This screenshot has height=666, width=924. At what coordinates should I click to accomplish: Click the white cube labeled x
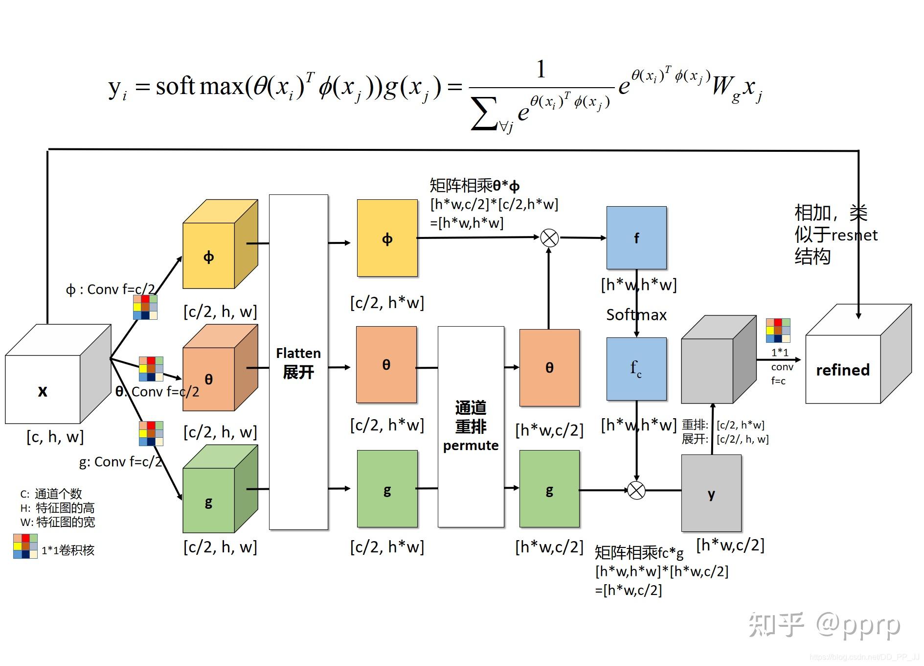pyautogui.click(x=43, y=389)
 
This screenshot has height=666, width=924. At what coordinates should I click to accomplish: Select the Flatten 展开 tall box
pyautogui.click(x=298, y=362)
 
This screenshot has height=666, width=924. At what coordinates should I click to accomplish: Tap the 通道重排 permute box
pyautogui.click(x=471, y=426)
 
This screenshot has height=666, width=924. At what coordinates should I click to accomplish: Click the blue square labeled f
pyautogui.click(x=636, y=238)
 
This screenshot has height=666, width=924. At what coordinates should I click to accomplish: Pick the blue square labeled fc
pyautogui.click(x=636, y=369)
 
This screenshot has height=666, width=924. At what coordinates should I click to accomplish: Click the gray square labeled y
pyautogui.click(x=711, y=493)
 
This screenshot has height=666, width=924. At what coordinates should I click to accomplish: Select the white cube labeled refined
pyautogui.click(x=843, y=370)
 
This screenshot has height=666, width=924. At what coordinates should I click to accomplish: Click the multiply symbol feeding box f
pyautogui.click(x=549, y=238)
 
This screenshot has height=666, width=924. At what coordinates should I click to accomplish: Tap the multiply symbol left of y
pyautogui.click(x=636, y=490)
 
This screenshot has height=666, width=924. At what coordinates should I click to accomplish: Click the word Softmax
pyautogui.click(x=636, y=315)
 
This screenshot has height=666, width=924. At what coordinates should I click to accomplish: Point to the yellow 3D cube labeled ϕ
pyautogui.click(x=209, y=256)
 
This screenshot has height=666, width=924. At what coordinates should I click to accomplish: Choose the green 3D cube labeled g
pyautogui.click(x=209, y=500)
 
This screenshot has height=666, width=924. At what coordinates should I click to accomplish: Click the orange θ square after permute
pyautogui.click(x=549, y=367)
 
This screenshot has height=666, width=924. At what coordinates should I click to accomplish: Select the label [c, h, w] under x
pyautogui.click(x=55, y=436)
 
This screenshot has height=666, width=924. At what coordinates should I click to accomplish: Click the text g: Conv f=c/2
pyautogui.click(x=120, y=462)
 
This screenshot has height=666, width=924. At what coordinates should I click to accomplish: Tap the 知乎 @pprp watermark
pyautogui.click(x=824, y=625)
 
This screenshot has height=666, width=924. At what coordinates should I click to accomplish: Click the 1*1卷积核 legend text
pyautogui.click(x=68, y=550)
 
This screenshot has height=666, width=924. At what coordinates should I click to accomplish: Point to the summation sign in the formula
pyautogui.click(x=484, y=114)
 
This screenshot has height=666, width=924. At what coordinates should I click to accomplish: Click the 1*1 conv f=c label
pyautogui.click(x=781, y=366)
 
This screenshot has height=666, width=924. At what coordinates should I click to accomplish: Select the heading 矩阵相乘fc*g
pyautogui.click(x=639, y=553)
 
